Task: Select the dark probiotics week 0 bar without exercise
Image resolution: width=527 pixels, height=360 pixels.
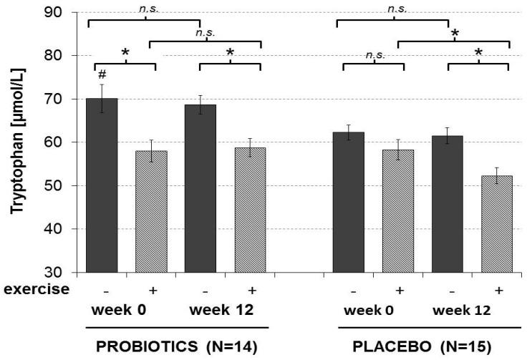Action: (102, 186)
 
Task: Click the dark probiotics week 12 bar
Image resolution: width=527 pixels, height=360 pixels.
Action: (200, 189)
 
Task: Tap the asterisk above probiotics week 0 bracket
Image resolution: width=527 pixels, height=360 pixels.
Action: (125, 53)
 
